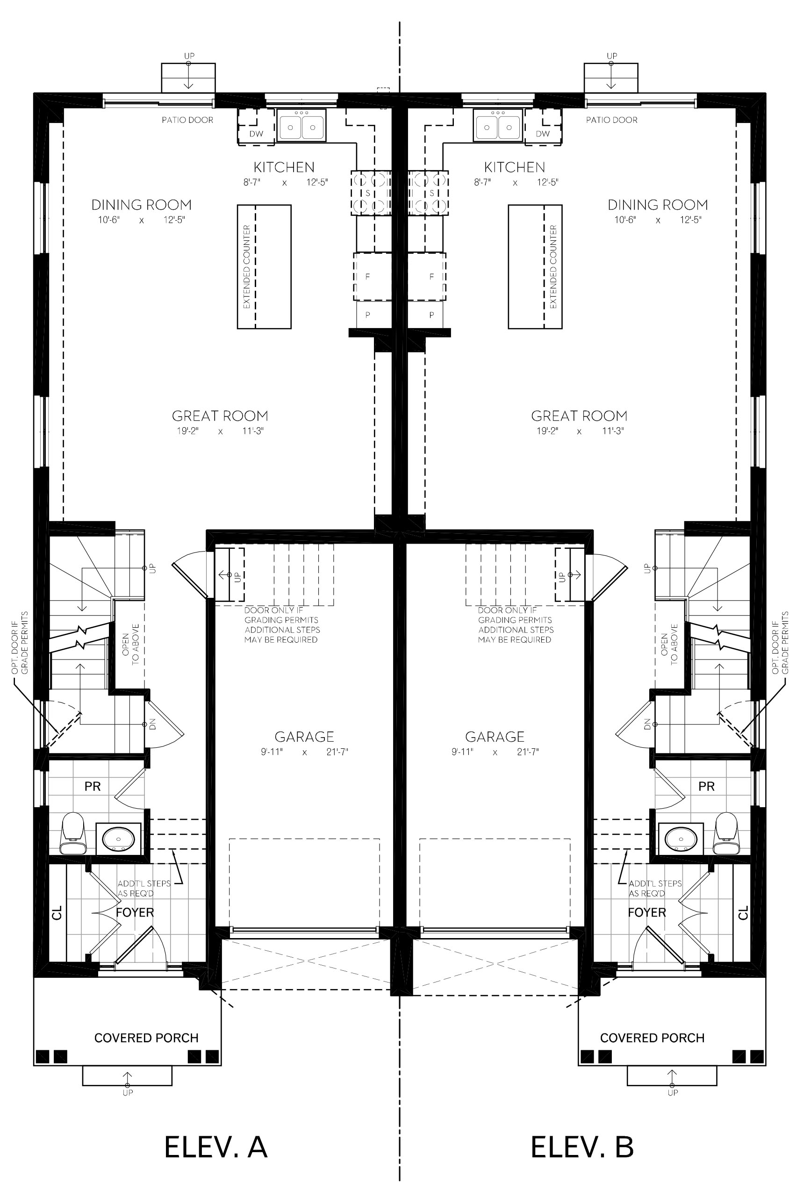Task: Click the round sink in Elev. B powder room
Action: pyautogui.click(x=680, y=839)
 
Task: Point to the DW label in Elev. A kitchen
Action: pyautogui.click(x=256, y=134)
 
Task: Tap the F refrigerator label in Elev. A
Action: pyautogui.click(x=367, y=277)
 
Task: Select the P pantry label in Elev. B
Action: pyautogui.click(x=431, y=315)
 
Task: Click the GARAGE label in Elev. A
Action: pyautogui.click(x=304, y=737)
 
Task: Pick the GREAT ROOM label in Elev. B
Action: pyautogui.click(x=579, y=416)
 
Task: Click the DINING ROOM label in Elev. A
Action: pyautogui.click(x=141, y=205)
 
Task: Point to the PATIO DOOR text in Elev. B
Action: pyautogui.click(x=611, y=120)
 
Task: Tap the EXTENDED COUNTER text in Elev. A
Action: pyautogui.click(x=247, y=267)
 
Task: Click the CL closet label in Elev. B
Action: pyautogui.click(x=743, y=913)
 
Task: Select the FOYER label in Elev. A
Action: pyautogui.click(x=135, y=912)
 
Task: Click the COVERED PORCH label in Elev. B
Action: pyautogui.click(x=652, y=1038)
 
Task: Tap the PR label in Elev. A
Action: pyautogui.click(x=93, y=787)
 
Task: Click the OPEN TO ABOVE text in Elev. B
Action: pyautogui.click(x=669, y=645)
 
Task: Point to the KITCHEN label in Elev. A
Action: pyautogui.click(x=284, y=167)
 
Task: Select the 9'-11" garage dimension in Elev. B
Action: pyautogui.click(x=462, y=752)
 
